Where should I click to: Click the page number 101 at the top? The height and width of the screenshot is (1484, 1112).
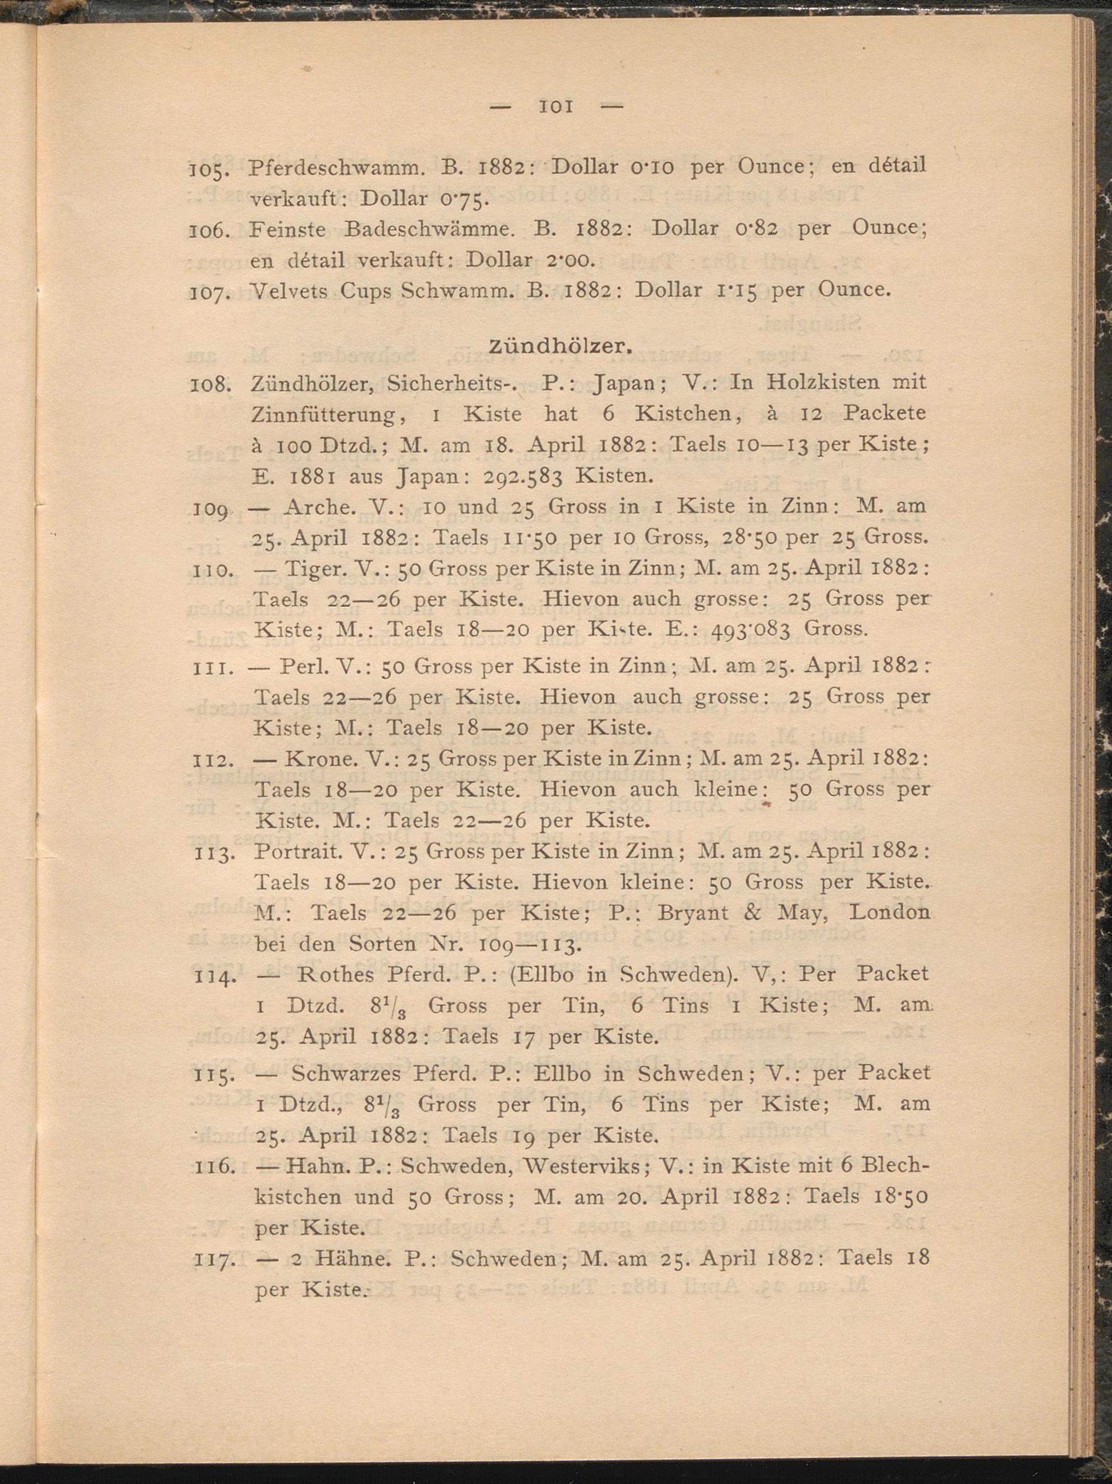(x=555, y=107)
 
